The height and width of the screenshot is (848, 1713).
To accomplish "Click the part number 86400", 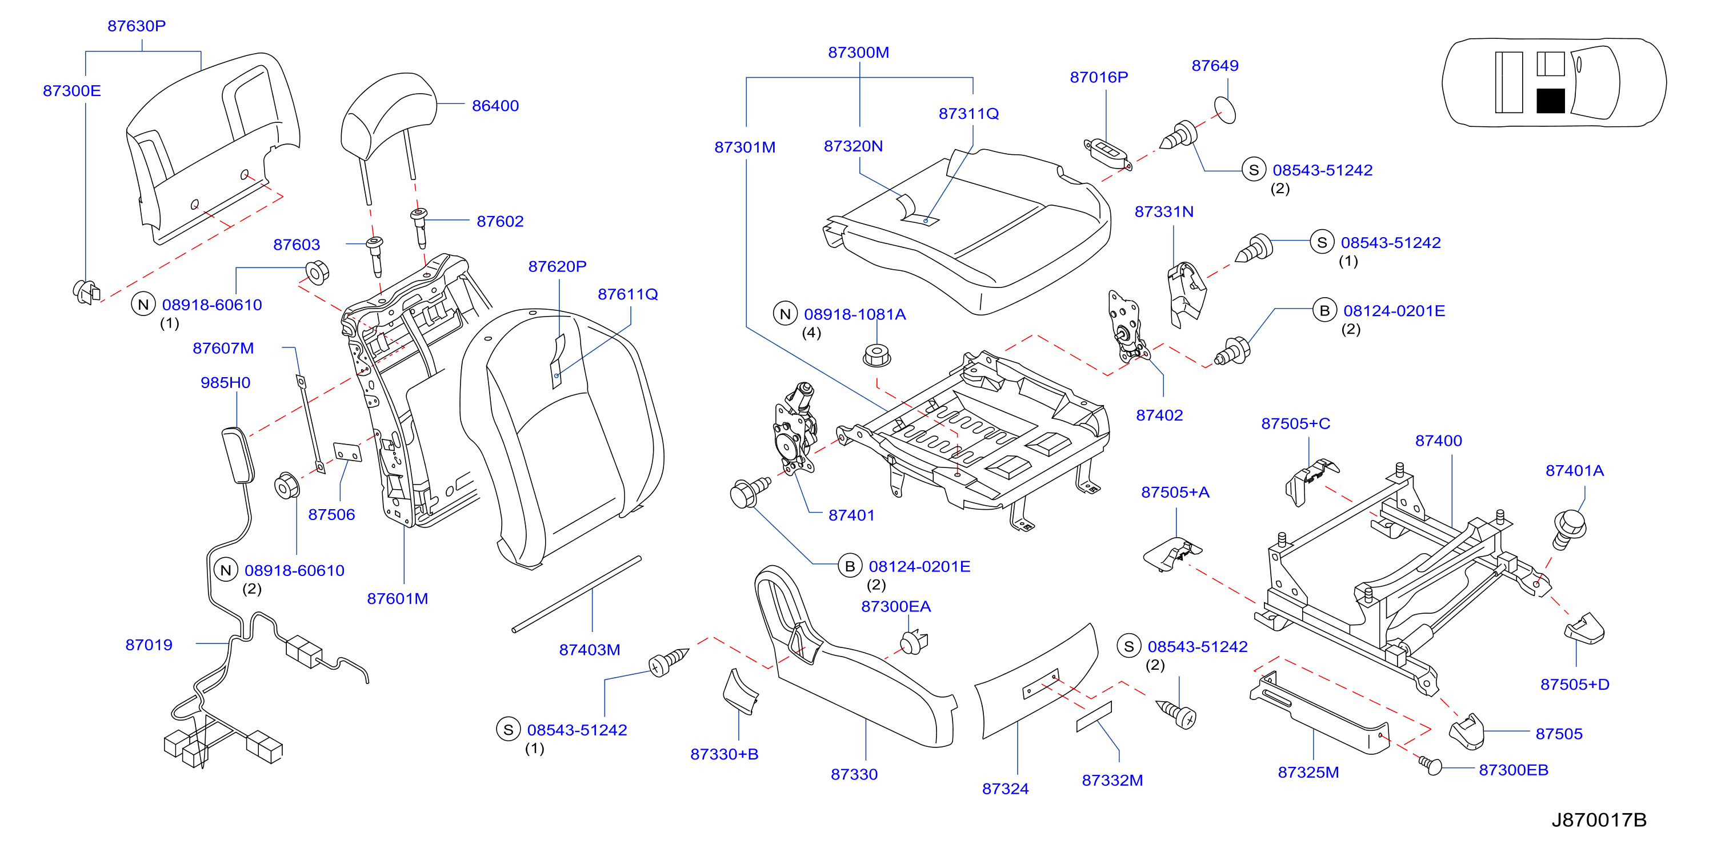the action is point(495,106).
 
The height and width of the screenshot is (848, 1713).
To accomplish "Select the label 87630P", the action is point(137,26).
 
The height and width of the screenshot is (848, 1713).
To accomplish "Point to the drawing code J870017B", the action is point(1599,819).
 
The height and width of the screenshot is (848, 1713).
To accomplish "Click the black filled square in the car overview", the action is point(1550,101).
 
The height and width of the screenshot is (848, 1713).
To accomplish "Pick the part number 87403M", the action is point(589,650).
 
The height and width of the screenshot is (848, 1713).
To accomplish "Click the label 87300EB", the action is point(1513,770).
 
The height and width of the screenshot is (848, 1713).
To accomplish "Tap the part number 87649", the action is point(1214,66).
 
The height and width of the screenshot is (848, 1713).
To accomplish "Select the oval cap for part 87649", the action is point(1225,110).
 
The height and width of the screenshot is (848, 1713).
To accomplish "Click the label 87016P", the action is point(1099,77).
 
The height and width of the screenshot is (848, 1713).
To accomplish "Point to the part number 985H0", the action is point(226,382).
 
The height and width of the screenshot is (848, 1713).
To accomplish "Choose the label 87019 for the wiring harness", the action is point(149,645).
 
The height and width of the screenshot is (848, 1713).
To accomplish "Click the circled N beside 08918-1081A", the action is point(785,314).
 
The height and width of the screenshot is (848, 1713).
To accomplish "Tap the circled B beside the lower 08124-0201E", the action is point(849,566).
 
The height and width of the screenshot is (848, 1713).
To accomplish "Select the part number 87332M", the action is point(1112,780).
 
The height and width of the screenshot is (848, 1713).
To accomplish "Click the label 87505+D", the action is point(1574,685).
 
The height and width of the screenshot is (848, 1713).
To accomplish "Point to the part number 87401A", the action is point(1574,471).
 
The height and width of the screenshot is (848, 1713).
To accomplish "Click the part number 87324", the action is point(1005,789).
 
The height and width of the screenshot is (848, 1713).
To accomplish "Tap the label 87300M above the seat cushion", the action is point(858,53).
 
